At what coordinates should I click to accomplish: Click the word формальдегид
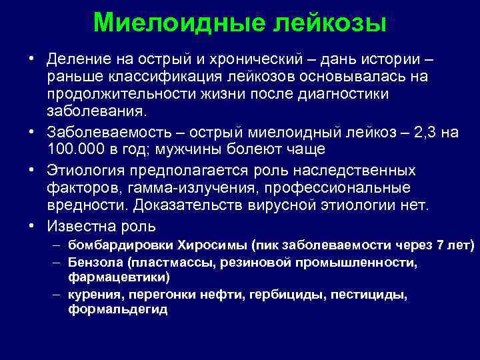click(x=117, y=309)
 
